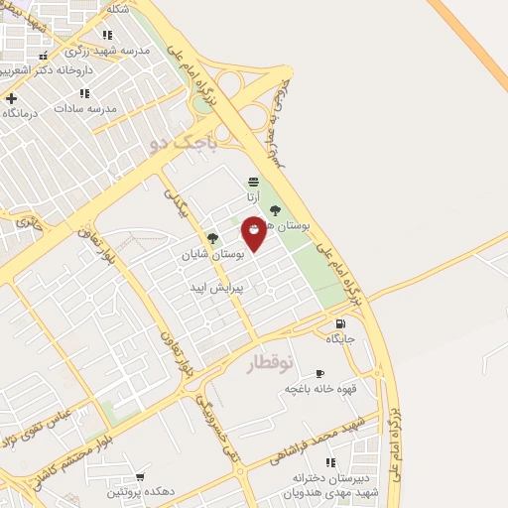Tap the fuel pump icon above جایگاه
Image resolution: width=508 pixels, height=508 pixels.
[341, 323]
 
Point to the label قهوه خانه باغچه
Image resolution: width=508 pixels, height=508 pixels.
[320, 388]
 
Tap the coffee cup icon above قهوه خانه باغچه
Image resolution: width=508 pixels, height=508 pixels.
[319, 373]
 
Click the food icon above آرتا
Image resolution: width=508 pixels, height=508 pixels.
[253, 182]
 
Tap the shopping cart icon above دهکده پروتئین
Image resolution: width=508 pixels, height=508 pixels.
[139, 476]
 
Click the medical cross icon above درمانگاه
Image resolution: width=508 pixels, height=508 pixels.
[11, 98]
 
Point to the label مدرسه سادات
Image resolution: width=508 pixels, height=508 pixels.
[85, 107]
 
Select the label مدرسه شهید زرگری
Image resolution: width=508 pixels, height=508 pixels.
[107, 50]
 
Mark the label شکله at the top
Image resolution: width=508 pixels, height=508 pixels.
[117, 9]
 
